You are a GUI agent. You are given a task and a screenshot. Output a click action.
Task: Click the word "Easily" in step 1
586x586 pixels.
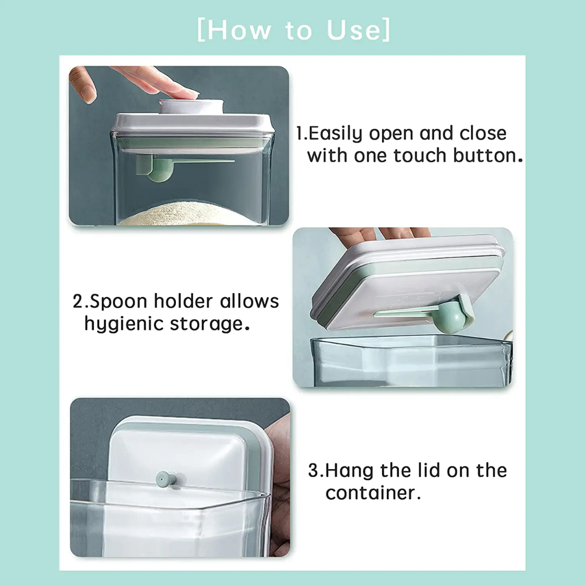339,134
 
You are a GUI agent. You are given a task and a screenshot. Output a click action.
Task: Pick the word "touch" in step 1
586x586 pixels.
418,156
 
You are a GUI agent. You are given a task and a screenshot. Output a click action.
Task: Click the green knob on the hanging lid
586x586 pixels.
164,478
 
